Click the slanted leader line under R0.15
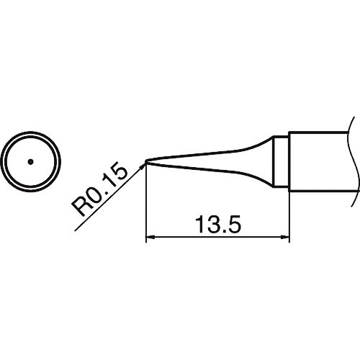[108, 197]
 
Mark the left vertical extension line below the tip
[146, 209]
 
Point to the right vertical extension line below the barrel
[289, 216]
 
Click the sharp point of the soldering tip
[146, 161]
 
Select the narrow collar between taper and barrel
[282, 161]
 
